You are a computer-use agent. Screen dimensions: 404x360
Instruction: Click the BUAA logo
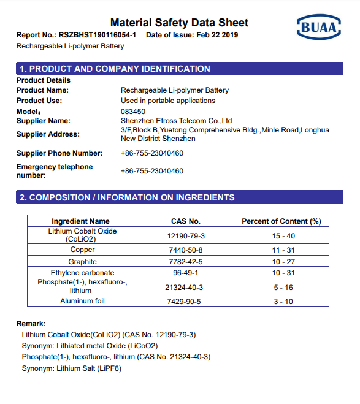[319, 27]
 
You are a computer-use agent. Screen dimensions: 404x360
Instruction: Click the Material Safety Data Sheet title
[179, 23]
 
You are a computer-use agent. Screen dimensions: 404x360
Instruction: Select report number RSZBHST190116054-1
[98, 35]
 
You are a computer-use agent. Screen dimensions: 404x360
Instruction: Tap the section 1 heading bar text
[115, 69]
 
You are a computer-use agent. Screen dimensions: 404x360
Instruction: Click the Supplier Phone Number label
[59, 153]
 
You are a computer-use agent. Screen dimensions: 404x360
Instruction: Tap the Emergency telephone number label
[55, 171]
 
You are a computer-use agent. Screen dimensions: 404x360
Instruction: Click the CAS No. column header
[185, 221]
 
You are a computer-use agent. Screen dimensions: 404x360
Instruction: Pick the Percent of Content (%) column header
[281, 221]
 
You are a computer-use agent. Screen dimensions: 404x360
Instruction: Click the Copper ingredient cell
[82, 250]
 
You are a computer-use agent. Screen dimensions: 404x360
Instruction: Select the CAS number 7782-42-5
[185, 262]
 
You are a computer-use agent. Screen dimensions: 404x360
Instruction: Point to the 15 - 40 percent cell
[283, 235]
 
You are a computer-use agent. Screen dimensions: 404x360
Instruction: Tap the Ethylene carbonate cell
[82, 273]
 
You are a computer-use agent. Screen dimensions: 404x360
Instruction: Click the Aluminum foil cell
[82, 301]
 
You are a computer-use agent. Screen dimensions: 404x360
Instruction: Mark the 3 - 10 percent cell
[283, 301]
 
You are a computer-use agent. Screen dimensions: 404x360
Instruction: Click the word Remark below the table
[31, 323]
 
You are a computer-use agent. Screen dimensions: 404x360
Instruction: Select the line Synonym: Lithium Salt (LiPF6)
[71, 368]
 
